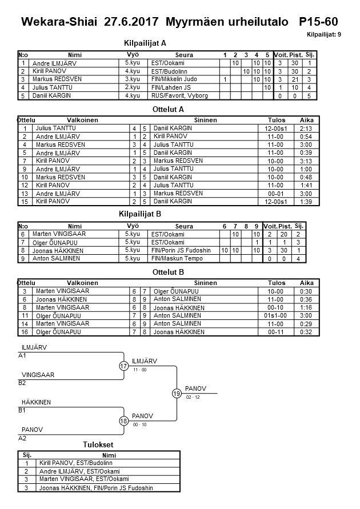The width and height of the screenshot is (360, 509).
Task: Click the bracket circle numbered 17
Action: tap(124, 366)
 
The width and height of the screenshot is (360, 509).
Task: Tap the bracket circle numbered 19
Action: tap(177, 394)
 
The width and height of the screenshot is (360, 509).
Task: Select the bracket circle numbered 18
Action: tap(124, 421)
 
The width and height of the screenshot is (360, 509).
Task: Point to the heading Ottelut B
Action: tap(169, 272)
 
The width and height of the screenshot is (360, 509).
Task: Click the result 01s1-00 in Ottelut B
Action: tap(275, 315)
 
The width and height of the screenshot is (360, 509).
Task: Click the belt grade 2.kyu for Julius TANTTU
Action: tap(133, 87)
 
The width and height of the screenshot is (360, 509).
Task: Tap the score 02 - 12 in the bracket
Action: tap(193, 396)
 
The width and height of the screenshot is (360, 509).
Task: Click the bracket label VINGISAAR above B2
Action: tap(38, 375)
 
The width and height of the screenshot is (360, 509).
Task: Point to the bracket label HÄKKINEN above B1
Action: tap(36, 402)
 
